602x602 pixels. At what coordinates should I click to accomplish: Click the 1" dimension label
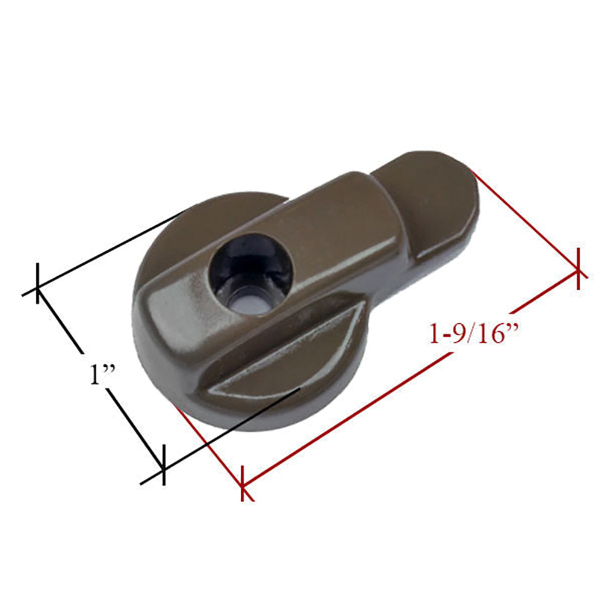tap(99, 376)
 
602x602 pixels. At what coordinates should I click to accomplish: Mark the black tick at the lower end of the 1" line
tap(162, 467)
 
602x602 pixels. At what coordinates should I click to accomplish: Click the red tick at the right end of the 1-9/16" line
tap(578, 268)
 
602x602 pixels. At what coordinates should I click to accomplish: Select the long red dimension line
tap(409, 376)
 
